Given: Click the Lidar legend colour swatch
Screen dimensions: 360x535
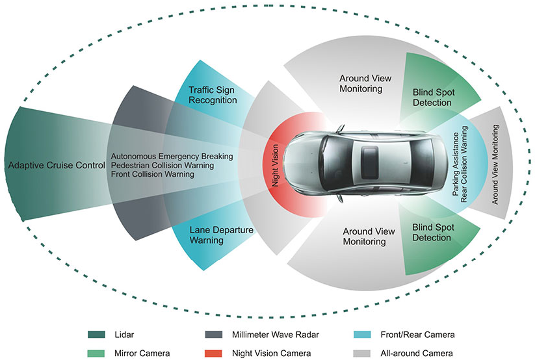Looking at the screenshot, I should click(96, 335).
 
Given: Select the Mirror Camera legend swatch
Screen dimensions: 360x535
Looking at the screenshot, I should click(96, 352).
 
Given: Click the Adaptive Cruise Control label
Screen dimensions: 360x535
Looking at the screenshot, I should click(57, 166).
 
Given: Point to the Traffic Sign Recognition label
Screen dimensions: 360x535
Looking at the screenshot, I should click(213, 94).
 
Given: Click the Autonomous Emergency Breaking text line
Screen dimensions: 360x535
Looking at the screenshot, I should click(172, 157).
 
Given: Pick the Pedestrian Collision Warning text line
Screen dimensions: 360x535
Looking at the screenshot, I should click(166, 166).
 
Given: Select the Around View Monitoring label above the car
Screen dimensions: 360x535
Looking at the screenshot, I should click(365, 83).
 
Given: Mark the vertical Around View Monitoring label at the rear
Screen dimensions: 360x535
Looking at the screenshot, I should click(495, 166).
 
